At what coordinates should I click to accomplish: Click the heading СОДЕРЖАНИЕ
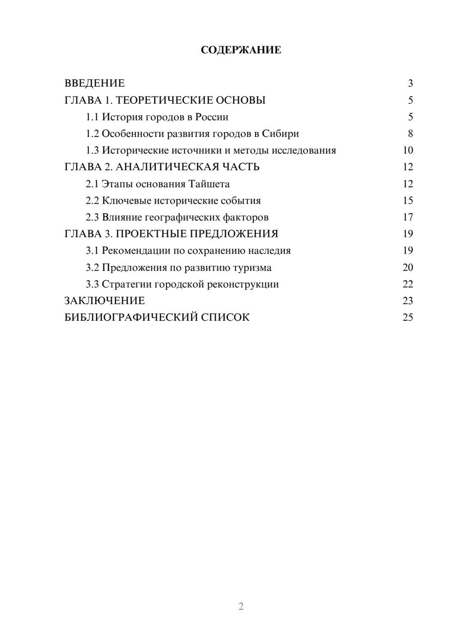[x=241, y=50]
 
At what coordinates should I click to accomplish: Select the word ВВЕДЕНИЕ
[x=94, y=83]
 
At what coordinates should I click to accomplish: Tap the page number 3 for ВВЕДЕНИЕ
[x=410, y=83]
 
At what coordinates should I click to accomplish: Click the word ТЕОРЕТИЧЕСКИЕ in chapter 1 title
[x=161, y=100]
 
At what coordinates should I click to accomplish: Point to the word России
[x=211, y=117]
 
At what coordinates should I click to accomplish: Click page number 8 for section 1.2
[x=410, y=134]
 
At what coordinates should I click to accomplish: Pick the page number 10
[x=408, y=150]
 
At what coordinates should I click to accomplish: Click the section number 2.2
[x=92, y=200]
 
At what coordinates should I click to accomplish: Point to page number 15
[x=408, y=200]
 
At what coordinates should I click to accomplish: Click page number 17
[x=408, y=218]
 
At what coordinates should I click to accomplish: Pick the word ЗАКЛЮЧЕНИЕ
[x=104, y=300]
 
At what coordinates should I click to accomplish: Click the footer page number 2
[x=241, y=606]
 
